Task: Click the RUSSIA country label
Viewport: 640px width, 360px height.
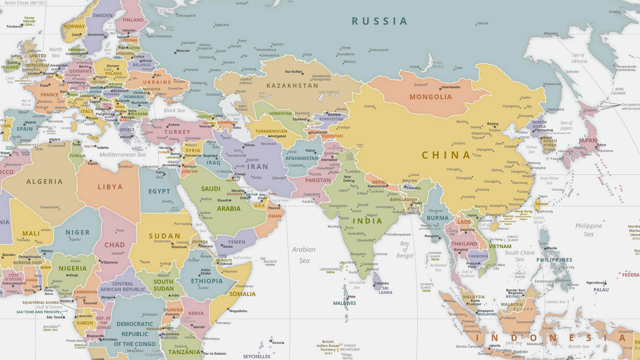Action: point(379,21)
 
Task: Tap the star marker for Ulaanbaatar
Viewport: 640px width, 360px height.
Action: point(439,87)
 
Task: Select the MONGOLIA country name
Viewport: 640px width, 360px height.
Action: point(430,97)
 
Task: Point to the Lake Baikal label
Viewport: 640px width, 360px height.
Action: point(438,65)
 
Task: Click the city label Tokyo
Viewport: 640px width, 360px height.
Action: point(601,145)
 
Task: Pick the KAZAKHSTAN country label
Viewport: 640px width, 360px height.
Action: point(292,86)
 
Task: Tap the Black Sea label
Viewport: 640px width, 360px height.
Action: point(174,111)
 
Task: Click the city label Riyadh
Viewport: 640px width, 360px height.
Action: point(223,200)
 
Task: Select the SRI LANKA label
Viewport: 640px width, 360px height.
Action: point(385,290)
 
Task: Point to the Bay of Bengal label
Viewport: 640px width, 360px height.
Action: point(405,250)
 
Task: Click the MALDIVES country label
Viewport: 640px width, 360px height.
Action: point(344,303)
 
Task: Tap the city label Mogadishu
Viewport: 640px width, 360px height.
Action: point(238,311)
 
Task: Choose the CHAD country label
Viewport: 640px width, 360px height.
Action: point(114,245)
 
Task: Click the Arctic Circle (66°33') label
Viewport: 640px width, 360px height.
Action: point(25,3)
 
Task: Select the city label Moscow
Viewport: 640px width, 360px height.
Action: point(183,51)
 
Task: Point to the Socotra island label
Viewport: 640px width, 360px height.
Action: point(270,262)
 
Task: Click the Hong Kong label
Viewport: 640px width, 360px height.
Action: point(523,211)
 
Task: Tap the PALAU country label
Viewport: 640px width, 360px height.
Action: point(601,290)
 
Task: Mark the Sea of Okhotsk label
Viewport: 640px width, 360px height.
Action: point(579,58)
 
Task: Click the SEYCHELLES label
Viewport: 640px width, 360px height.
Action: point(256,356)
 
